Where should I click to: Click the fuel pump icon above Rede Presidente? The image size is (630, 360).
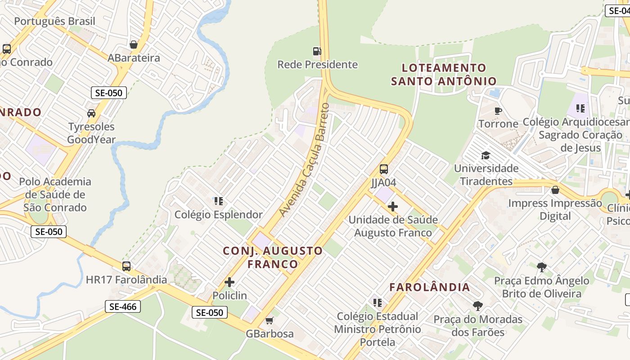tap(317, 51)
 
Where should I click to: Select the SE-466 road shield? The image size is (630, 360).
tap(123, 307)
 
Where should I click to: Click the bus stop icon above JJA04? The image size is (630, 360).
tap(383, 169)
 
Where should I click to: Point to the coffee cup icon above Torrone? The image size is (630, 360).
tap(498, 111)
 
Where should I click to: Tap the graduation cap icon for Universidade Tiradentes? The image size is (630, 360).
tap(486, 155)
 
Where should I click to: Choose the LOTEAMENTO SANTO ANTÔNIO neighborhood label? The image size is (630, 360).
tap(444, 75)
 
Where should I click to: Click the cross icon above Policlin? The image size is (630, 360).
tap(229, 282)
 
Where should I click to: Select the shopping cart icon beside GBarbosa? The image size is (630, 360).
tap(269, 320)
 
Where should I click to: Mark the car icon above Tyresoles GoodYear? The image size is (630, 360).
tap(91, 113)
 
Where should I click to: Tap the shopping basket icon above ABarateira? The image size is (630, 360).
tap(134, 45)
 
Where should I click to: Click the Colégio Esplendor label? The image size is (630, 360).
tap(219, 215)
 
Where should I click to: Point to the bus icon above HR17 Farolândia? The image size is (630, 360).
tap(126, 266)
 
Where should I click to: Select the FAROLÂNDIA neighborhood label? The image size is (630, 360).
tap(430, 287)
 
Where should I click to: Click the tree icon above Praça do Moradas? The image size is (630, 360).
tap(478, 306)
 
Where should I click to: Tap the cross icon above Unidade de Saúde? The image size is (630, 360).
tap(393, 207)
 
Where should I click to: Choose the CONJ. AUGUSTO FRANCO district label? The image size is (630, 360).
tap(273, 257)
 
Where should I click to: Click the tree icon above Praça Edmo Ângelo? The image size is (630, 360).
tap(542, 267)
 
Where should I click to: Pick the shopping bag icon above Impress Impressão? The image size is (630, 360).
tap(555, 190)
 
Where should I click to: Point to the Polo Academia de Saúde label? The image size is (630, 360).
tap(55, 194)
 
